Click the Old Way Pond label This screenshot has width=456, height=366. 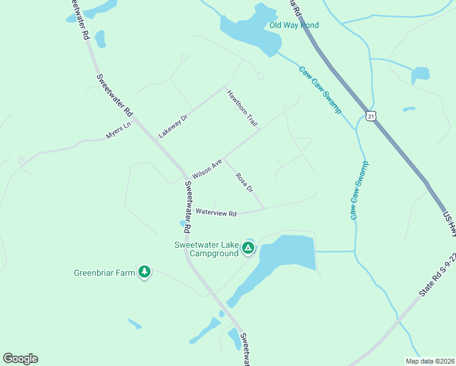294,25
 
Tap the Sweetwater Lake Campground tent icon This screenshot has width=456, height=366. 248,248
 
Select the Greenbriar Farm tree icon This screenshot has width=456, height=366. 144,271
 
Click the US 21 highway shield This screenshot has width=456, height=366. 371,115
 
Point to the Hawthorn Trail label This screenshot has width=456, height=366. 243,108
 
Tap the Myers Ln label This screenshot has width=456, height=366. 118,131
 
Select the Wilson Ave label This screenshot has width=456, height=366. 207,169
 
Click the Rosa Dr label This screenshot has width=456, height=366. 244,182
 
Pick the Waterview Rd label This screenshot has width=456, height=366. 216,213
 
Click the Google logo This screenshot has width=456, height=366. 20,359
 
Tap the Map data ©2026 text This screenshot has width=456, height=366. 430,361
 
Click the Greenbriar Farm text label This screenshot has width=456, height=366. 104,273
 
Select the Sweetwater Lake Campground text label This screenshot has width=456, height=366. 206,249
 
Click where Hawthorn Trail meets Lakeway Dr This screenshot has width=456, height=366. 226,86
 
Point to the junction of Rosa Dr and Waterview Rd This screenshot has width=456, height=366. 264,209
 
